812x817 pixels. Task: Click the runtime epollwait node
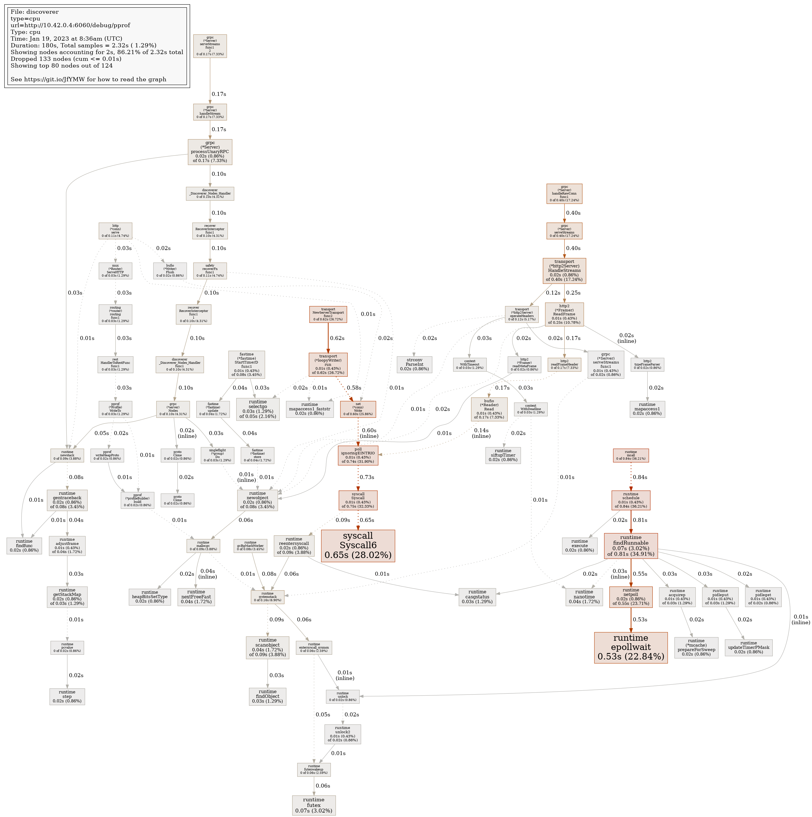(631, 647)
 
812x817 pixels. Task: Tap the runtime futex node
(313, 805)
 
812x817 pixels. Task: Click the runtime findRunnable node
(631, 545)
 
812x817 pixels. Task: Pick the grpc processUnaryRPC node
(210, 152)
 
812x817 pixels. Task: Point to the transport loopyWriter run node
(328, 365)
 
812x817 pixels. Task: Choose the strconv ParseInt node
(414, 365)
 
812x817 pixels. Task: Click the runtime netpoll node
(631, 597)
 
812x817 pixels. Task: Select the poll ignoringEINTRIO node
(358, 455)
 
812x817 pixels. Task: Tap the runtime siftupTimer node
(503, 455)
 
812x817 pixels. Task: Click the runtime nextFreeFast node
(196, 597)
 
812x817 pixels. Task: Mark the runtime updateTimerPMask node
(749, 647)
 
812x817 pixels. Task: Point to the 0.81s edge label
(640, 520)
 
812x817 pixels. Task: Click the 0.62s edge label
(337, 338)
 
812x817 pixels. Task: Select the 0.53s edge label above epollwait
(640, 619)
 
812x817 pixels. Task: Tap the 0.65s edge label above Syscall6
(367, 520)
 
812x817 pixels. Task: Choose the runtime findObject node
(267, 696)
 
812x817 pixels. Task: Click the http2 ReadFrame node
(564, 314)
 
